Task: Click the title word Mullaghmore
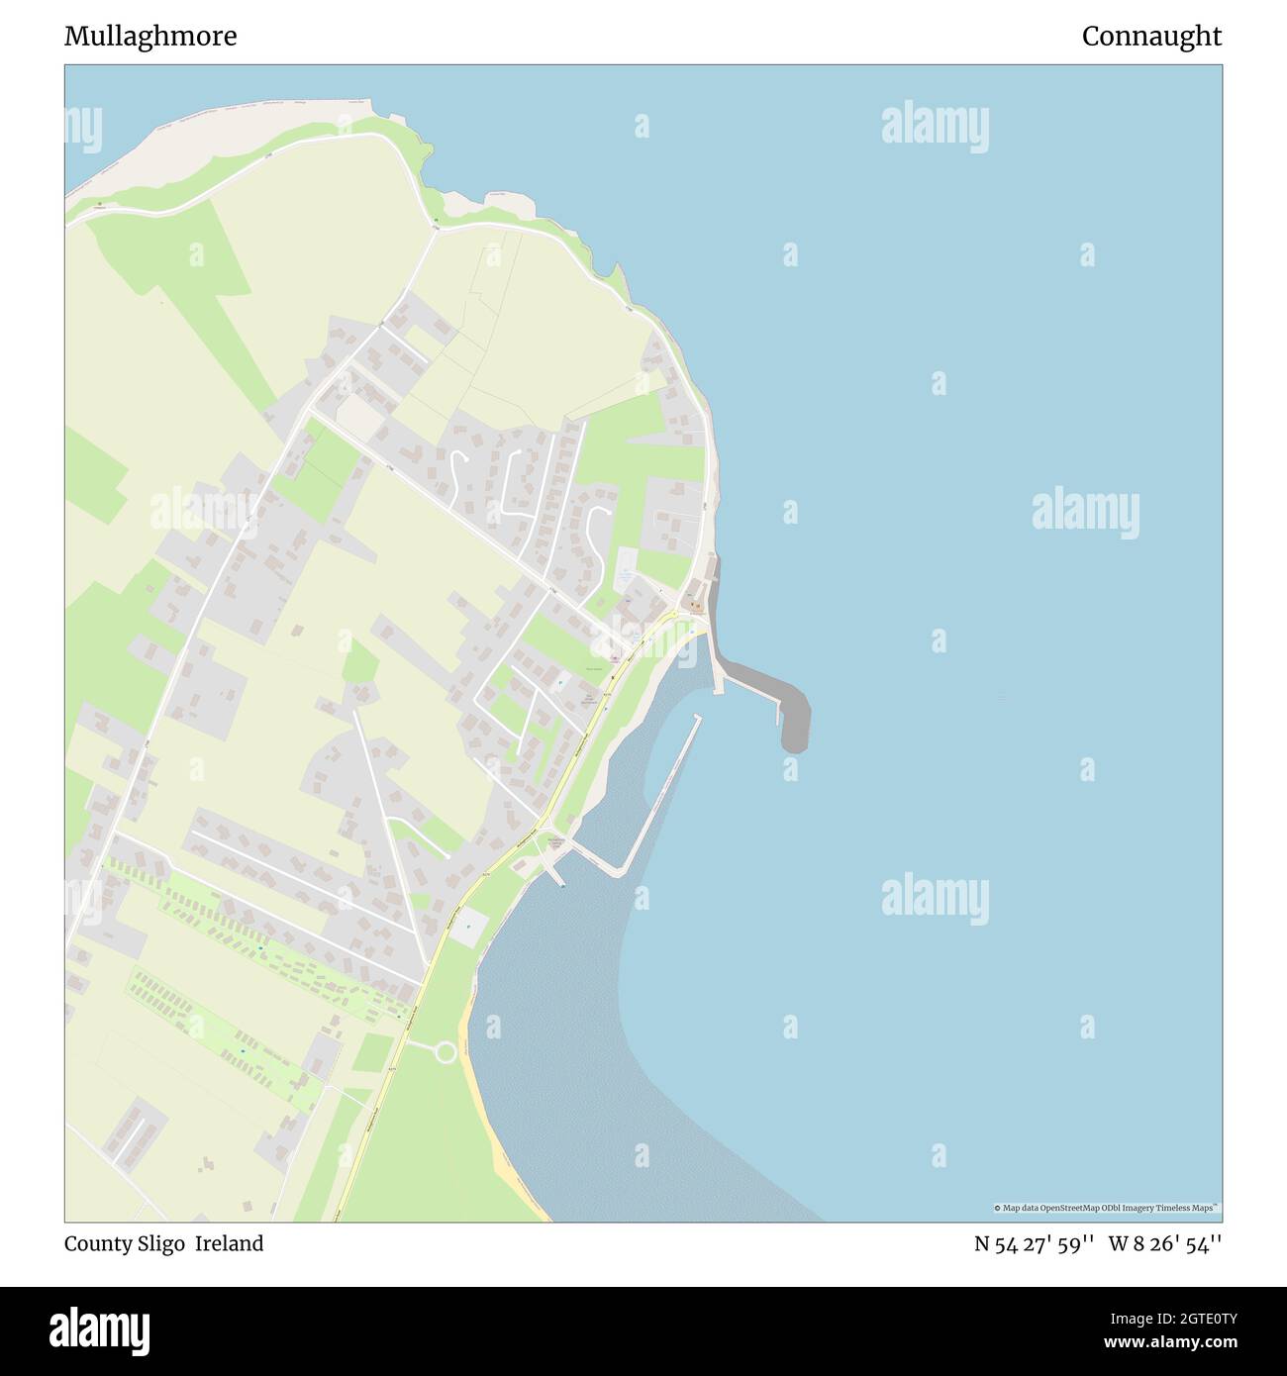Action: click(150, 37)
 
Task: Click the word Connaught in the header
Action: click(1151, 37)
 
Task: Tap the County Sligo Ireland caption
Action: click(163, 1243)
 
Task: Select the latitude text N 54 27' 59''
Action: click(1034, 1244)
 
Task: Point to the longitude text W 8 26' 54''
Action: click(1165, 1244)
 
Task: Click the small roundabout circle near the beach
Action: click(445, 1051)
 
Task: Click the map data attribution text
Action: click(1106, 1208)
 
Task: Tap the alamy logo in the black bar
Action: click(99, 1329)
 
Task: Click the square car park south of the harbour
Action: click(470, 927)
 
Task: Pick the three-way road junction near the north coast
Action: click(436, 229)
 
